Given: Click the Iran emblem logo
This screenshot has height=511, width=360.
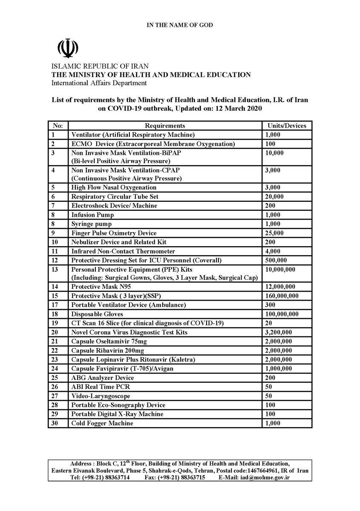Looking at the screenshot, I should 68,49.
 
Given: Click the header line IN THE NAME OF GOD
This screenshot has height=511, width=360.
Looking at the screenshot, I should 180,26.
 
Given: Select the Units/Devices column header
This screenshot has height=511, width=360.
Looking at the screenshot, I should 286,126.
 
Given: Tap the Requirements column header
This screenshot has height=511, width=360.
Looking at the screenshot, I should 165,126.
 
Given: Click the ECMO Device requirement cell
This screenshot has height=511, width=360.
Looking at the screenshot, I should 153,144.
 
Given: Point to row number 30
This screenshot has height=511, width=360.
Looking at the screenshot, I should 55,423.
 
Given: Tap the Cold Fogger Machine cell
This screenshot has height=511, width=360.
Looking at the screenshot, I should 102,423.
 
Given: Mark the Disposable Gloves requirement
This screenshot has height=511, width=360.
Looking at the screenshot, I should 98,314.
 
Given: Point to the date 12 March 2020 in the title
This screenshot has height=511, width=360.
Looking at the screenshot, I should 238,108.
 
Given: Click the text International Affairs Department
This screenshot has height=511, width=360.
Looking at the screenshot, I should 99,83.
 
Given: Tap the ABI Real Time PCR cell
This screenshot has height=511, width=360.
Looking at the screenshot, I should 101,387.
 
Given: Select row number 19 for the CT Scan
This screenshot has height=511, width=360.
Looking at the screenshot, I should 55,323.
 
